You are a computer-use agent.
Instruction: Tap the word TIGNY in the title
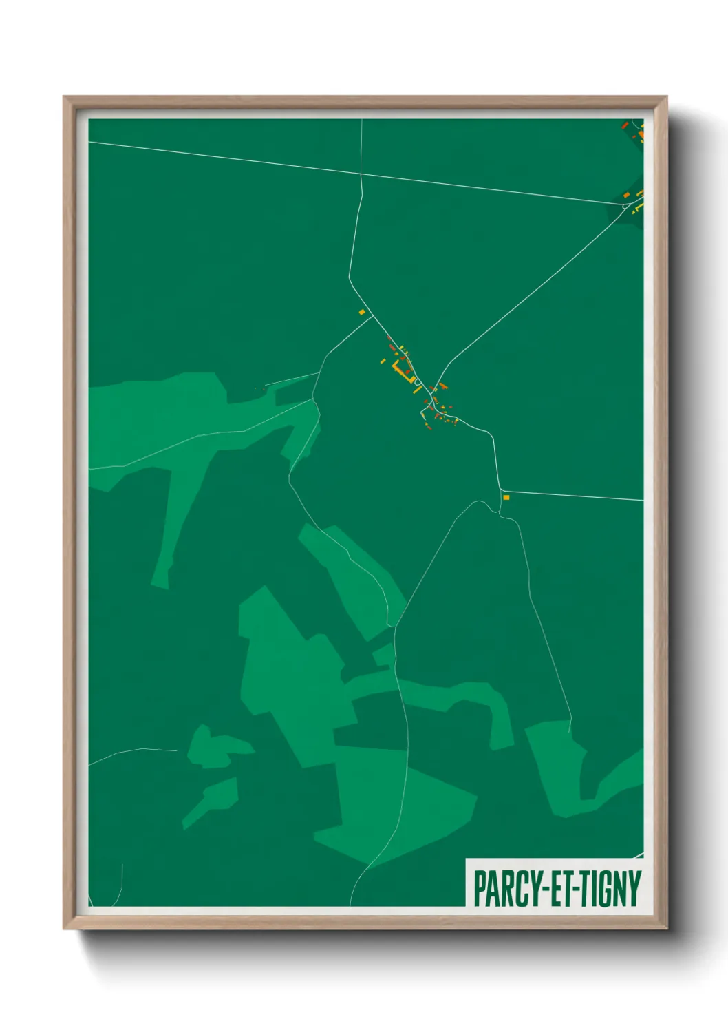pyautogui.click(x=611, y=889)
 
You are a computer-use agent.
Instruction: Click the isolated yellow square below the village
pyautogui.click(x=506, y=497)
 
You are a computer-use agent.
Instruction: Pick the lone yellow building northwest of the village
pyautogui.click(x=361, y=312)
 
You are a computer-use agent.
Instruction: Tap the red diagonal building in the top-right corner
pyautogui.click(x=625, y=125)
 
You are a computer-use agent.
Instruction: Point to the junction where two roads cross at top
pyautogui.click(x=361, y=175)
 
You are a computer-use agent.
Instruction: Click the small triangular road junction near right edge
pyautogui.click(x=625, y=205)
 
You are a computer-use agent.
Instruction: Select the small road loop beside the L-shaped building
pyautogui.click(x=417, y=381)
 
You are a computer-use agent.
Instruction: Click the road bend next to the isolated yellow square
pyautogui.click(x=500, y=490)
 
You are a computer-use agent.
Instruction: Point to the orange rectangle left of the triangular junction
pyautogui.click(x=627, y=196)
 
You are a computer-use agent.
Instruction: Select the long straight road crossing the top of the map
pyautogui.click(x=227, y=159)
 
